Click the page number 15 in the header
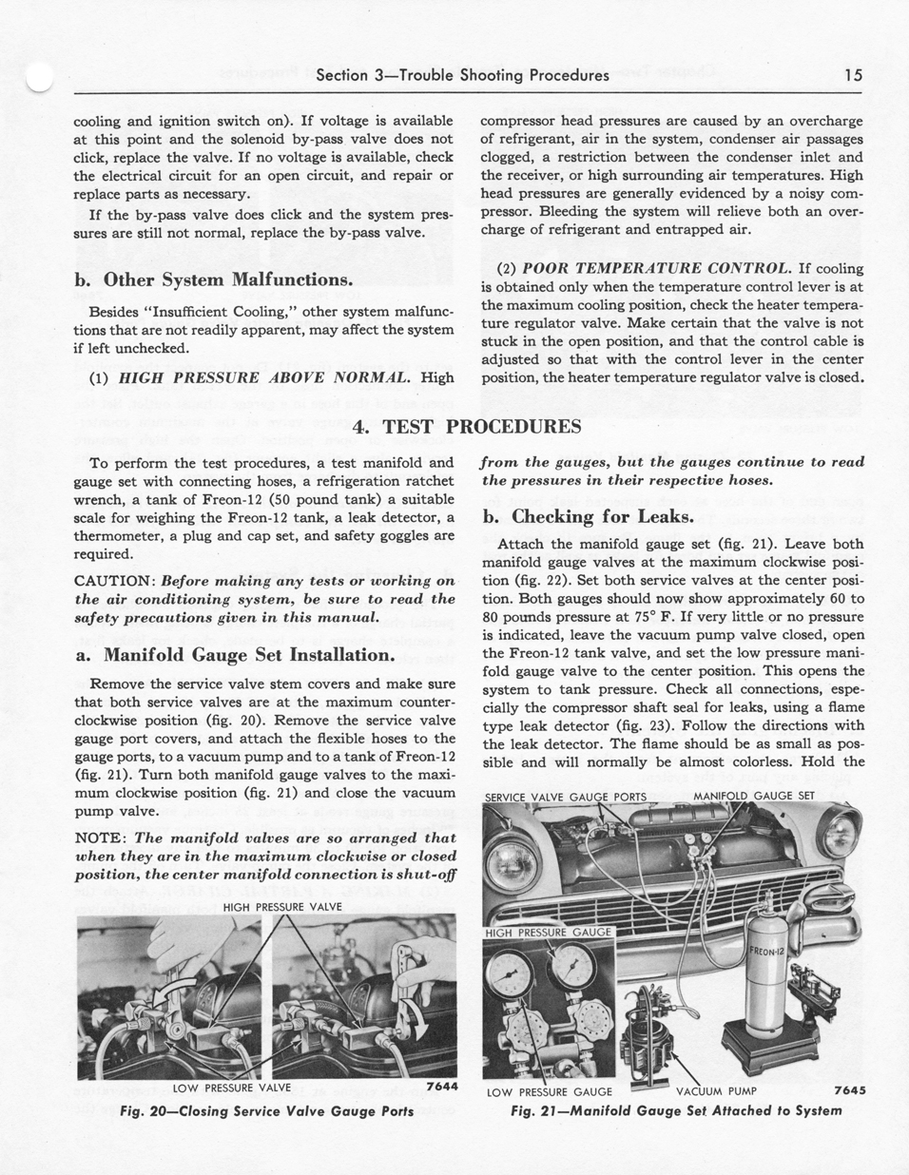click(x=852, y=75)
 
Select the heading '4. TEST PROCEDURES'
click(x=467, y=427)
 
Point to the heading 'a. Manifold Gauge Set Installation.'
click(x=234, y=655)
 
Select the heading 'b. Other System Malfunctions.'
click(x=214, y=279)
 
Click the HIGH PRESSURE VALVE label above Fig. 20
click(x=282, y=907)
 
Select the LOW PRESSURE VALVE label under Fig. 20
click(x=232, y=1088)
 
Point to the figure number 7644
click(x=442, y=1087)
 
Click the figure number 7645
click(x=849, y=1091)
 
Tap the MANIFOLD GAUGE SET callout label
click(x=753, y=796)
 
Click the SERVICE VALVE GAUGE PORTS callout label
click(x=566, y=797)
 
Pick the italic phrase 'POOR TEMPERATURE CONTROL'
click(x=657, y=268)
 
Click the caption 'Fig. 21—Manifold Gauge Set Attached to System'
click(x=676, y=1110)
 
